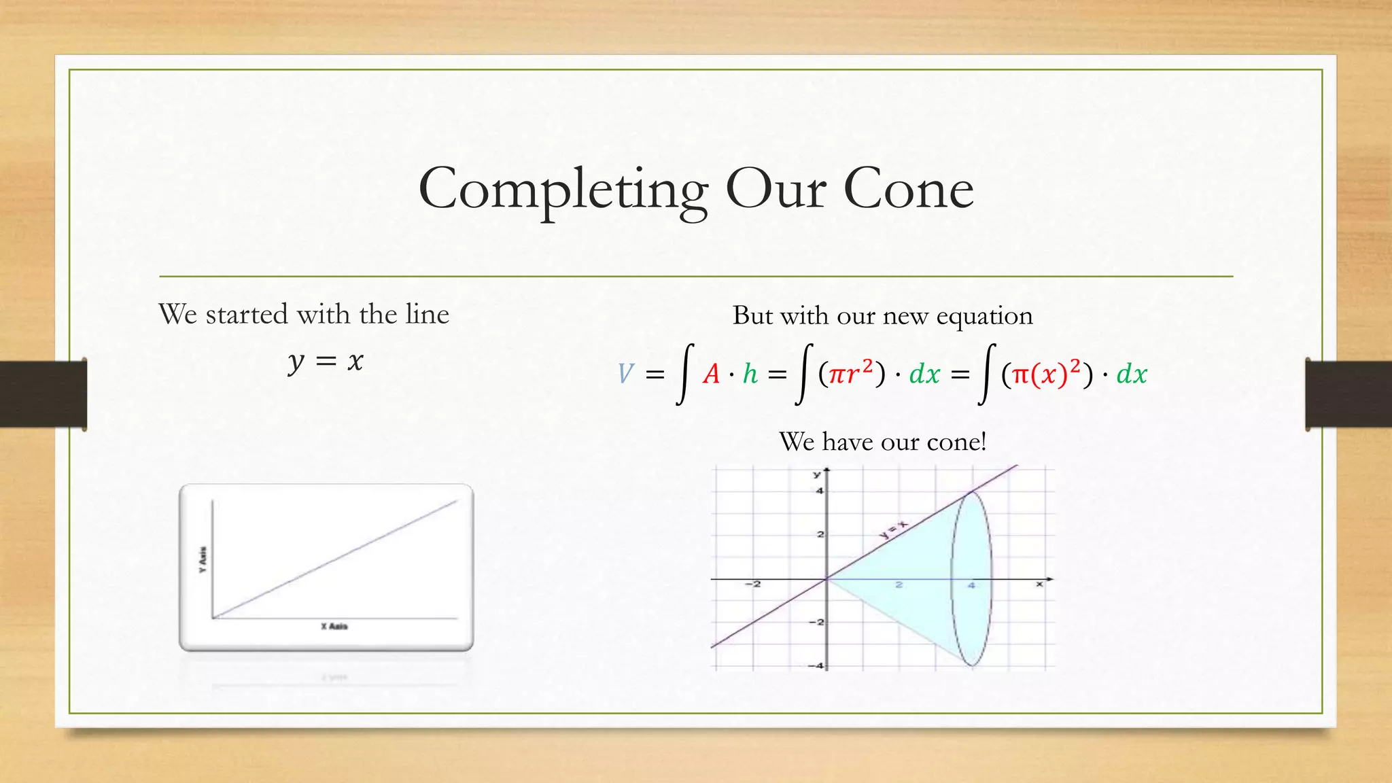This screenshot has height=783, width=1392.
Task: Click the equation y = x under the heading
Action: point(326,361)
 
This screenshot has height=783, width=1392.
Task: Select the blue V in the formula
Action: point(625,374)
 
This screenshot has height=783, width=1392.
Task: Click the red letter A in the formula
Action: point(711,374)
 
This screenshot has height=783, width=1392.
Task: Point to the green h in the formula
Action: point(750,374)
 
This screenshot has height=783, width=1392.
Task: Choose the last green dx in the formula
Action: point(1132,374)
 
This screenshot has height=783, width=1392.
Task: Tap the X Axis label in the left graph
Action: point(334,626)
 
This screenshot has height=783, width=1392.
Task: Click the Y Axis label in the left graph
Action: point(203,559)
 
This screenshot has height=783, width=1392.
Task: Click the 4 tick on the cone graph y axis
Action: point(819,491)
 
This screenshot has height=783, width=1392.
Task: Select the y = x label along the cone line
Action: point(893,528)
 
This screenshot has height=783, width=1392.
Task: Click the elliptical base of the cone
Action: point(971,578)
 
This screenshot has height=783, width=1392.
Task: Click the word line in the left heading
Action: point(427,314)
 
